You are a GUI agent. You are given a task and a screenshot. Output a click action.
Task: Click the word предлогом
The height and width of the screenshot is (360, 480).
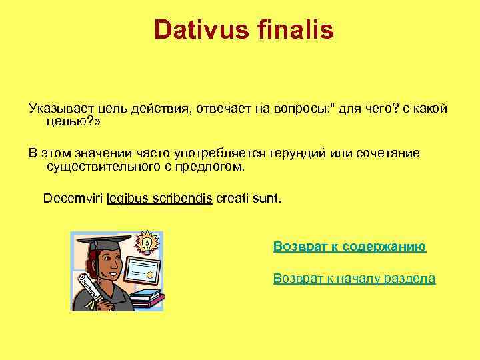click(x=213, y=165)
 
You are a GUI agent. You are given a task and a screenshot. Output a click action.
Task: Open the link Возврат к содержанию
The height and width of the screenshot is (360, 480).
click(x=349, y=247)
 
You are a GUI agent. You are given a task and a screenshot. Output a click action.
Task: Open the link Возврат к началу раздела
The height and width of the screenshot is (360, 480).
click(x=354, y=279)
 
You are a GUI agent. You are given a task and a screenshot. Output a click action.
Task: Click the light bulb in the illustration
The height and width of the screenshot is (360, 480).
click(x=145, y=241)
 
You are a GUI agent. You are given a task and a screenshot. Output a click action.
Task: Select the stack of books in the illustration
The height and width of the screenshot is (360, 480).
click(x=147, y=297)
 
